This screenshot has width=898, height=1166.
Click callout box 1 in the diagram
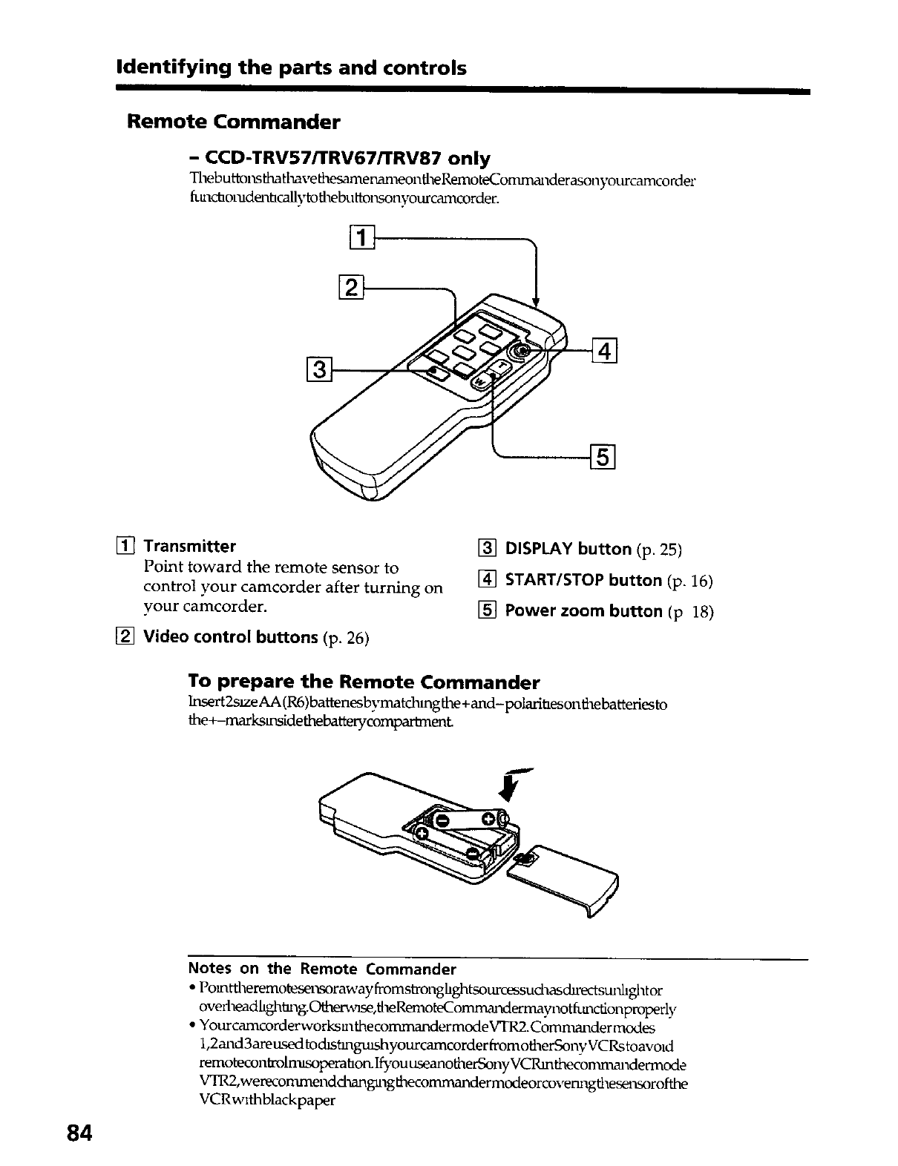(x=361, y=240)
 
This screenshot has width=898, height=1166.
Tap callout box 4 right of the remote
(x=605, y=348)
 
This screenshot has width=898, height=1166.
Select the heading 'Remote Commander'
(x=234, y=121)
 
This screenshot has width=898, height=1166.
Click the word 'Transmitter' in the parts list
(x=189, y=547)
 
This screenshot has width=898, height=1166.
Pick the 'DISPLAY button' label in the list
(x=568, y=549)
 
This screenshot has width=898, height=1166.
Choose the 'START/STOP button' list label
(x=583, y=580)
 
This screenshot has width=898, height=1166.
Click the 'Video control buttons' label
(x=230, y=637)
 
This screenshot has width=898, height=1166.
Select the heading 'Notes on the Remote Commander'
(x=322, y=969)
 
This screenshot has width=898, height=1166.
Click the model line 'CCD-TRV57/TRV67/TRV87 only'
(x=339, y=158)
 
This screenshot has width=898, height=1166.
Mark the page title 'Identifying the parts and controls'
(x=292, y=68)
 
